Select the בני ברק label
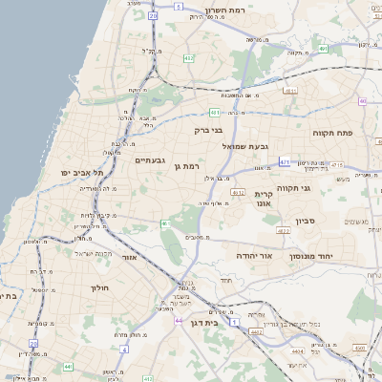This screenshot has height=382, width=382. pos(207,129)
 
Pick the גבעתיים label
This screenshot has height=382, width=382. pos(151,159)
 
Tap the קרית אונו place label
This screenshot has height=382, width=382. pos(265,198)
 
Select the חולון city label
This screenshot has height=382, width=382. pos(100,286)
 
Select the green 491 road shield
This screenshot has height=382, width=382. pos(324,47)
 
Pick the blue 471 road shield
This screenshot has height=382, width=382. pos(285,162)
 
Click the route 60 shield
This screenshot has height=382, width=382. pos(363,100)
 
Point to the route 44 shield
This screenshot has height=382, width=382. pos(179,320)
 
